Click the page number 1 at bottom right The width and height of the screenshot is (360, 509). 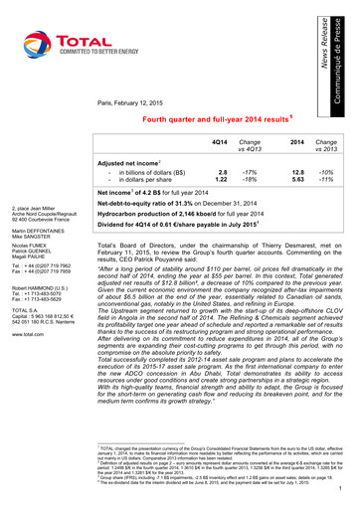point(341,488)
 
